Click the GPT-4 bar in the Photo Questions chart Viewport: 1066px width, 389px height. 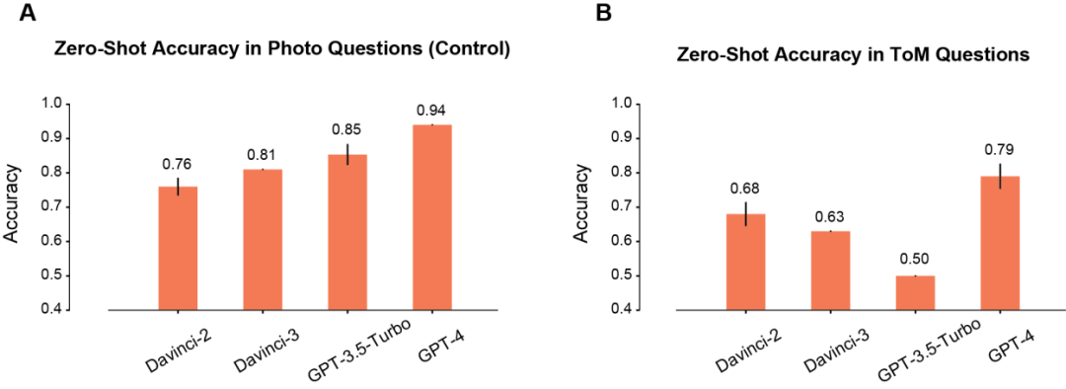[432, 217]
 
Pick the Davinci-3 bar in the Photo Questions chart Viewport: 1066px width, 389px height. [263, 240]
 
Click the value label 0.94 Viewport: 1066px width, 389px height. [432, 112]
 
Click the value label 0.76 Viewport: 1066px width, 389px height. [178, 163]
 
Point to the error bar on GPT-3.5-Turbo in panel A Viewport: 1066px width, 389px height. [347, 154]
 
